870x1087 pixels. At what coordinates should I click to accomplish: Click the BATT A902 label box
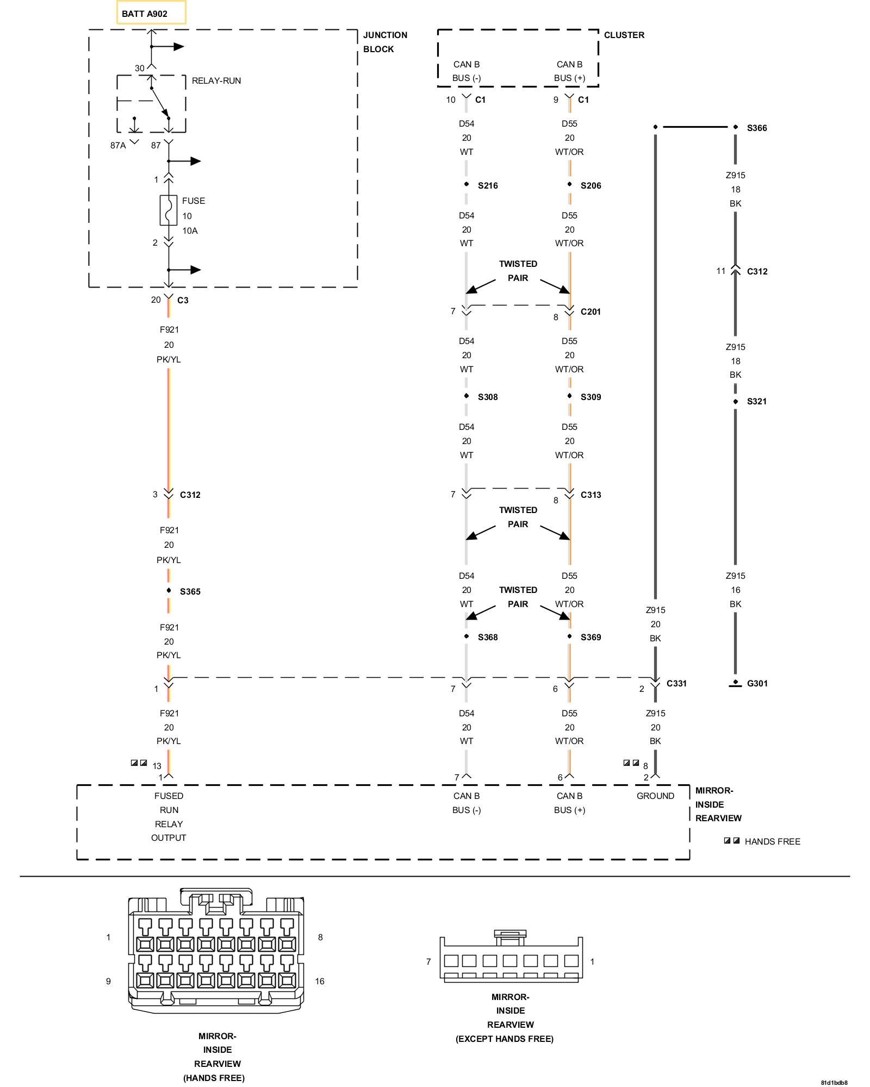click(x=151, y=13)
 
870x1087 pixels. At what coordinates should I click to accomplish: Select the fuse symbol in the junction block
click(x=169, y=210)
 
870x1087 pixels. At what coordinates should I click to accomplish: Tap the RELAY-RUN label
click(x=216, y=80)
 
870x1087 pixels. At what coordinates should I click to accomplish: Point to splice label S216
click(x=488, y=185)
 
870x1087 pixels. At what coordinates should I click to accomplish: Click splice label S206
click(x=591, y=185)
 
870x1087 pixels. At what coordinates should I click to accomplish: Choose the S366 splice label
click(x=757, y=128)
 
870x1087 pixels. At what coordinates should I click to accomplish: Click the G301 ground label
click(x=757, y=683)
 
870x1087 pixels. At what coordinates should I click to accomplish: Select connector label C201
click(x=591, y=311)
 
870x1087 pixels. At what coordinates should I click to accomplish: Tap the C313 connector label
click(x=591, y=495)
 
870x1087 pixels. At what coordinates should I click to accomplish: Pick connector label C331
click(x=677, y=683)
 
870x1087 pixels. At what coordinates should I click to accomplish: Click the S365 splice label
click(x=190, y=591)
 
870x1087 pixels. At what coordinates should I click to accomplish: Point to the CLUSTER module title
click(x=624, y=35)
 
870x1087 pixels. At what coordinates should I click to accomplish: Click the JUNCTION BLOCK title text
click(x=385, y=42)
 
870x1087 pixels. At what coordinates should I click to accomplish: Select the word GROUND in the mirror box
click(x=655, y=796)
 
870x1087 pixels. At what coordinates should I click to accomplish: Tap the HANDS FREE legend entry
click(x=773, y=841)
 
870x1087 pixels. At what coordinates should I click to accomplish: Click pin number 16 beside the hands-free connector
click(x=320, y=981)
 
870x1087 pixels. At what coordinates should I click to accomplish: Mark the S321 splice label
click(x=757, y=401)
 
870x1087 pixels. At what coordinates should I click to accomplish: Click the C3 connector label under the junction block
click(x=183, y=300)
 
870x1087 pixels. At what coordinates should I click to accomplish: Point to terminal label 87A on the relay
click(x=118, y=145)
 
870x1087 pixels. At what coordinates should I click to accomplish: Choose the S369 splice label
click(x=591, y=637)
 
